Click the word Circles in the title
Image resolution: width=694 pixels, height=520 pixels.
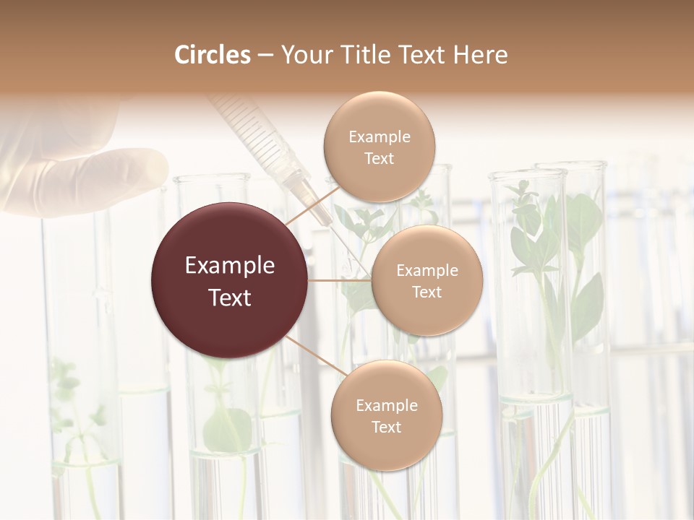212,55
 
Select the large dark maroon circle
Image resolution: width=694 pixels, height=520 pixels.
229,280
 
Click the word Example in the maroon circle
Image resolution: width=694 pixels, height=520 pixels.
229,266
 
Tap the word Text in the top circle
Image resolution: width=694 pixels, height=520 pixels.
379,159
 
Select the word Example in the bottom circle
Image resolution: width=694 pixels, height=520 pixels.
386,405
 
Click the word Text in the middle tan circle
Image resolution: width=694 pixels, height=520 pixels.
427,292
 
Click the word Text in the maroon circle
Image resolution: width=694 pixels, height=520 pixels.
229,298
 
